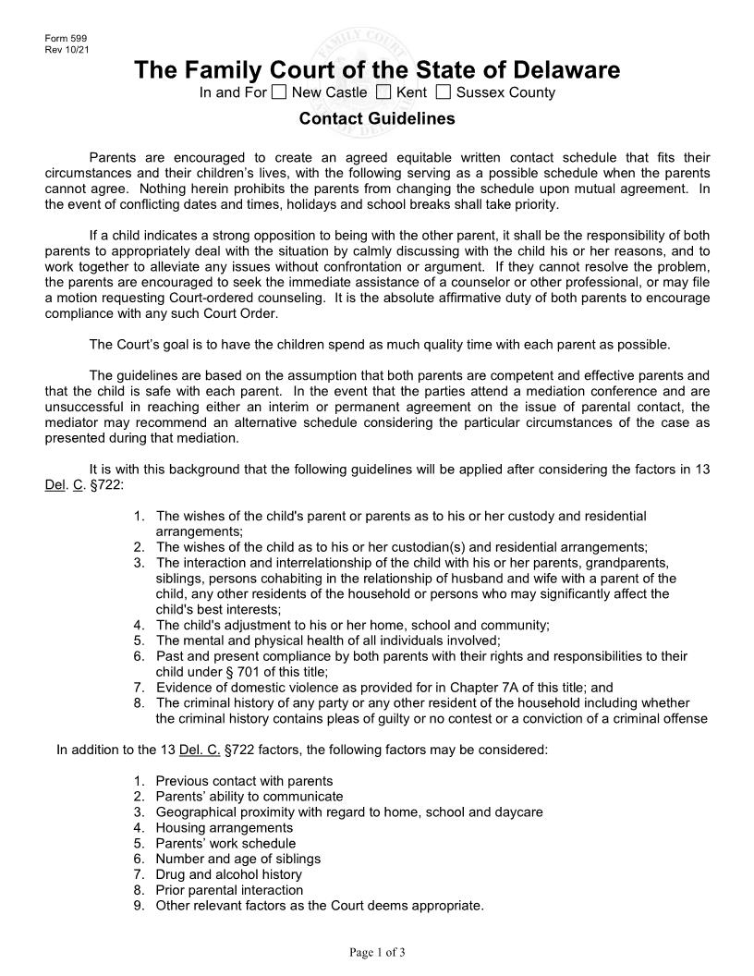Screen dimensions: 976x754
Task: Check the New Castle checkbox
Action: click(x=280, y=91)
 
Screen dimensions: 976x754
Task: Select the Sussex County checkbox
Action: click(x=444, y=91)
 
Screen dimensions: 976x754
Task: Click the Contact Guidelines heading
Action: click(x=377, y=119)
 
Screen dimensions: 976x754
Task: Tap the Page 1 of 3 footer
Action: click(x=377, y=953)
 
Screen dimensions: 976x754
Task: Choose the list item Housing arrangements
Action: click(x=224, y=827)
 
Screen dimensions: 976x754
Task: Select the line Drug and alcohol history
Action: click(x=228, y=874)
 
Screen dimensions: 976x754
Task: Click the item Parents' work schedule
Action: click(x=225, y=843)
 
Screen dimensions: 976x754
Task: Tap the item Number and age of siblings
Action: click(x=236, y=859)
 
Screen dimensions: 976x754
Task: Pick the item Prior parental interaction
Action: click(x=229, y=890)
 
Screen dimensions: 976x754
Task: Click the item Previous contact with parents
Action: click(x=244, y=781)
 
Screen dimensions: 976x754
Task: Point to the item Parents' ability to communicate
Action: click(x=249, y=796)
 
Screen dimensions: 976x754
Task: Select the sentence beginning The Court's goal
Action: click(x=379, y=345)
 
